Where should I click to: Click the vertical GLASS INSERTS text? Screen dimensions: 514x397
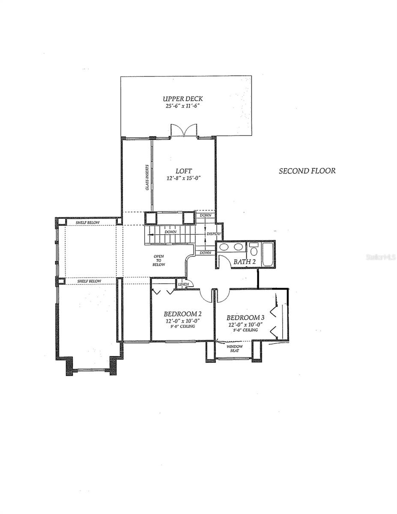click(x=147, y=177)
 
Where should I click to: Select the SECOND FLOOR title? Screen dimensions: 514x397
click(x=307, y=171)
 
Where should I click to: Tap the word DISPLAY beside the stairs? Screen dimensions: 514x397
click(x=214, y=234)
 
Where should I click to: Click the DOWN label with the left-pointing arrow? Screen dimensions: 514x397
click(x=170, y=231)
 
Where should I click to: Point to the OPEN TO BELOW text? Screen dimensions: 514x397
click(x=159, y=260)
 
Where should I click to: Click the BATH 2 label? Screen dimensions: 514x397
click(x=244, y=261)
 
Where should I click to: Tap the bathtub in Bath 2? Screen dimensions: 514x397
click(x=268, y=254)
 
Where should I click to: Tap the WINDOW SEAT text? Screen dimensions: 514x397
click(x=234, y=348)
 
